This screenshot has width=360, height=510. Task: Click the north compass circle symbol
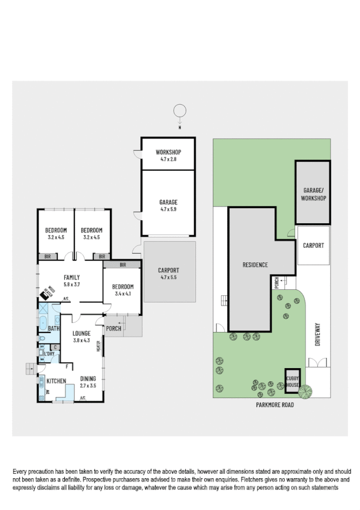coord(178,111)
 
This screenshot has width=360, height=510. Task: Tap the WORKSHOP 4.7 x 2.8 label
coord(168,155)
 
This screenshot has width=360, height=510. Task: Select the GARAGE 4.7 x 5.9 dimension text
coord(168,206)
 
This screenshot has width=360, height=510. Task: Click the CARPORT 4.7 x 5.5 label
coord(169,273)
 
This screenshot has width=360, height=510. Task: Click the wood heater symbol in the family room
coord(48,293)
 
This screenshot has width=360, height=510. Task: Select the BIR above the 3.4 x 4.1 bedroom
coord(123,264)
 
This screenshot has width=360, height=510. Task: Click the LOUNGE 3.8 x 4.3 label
coord(81,337)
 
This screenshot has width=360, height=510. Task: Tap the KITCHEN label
coord(56,381)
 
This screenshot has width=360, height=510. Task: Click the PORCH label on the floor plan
coord(114,328)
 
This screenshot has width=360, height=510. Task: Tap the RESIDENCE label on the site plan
coord(255,265)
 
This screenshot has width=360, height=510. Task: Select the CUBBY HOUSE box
coord(292,381)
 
